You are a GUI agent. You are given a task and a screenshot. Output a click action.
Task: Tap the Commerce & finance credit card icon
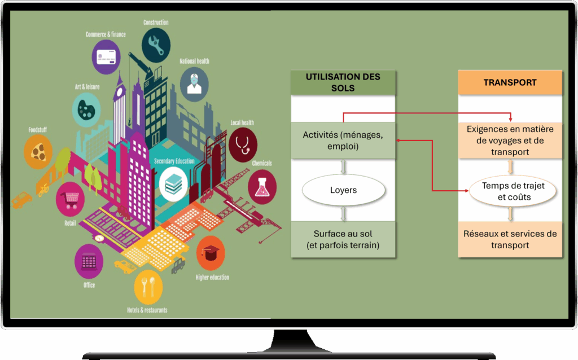(x=106, y=56)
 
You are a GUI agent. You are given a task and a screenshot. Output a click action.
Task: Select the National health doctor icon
(x=194, y=83)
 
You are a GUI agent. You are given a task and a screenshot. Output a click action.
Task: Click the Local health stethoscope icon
(x=244, y=144)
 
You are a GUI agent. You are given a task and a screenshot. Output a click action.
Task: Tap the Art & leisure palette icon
(x=86, y=108)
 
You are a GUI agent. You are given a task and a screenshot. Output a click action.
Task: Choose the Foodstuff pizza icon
(x=38, y=151)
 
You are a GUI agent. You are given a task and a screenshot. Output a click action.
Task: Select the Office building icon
(x=89, y=261)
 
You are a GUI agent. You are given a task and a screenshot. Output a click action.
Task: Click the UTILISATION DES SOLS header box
(x=343, y=82)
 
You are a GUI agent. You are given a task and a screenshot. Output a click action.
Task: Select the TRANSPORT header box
(x=510, y=82)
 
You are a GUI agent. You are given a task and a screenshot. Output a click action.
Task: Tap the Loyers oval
(x=343, y=191)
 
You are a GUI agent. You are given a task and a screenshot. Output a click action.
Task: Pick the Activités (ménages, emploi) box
(x=343, y=141)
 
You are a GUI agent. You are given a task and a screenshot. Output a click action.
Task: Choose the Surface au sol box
(x=343, y=240)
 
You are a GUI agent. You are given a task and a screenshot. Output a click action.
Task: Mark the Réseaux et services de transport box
(x=510, y=240)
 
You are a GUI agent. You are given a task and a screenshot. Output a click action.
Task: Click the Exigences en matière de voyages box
(x=510, y=141)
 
